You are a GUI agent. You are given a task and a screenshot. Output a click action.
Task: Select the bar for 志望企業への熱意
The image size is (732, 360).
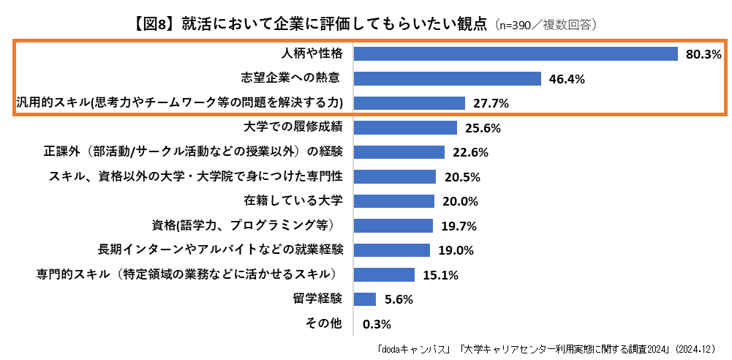447,78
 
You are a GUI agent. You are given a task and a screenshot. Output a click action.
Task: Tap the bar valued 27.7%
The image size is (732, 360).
409,103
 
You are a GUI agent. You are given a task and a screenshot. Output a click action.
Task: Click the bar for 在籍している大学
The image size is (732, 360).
394,201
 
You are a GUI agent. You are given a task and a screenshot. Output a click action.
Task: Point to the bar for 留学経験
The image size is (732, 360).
364,299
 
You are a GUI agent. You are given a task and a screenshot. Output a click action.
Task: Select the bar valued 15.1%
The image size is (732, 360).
384,275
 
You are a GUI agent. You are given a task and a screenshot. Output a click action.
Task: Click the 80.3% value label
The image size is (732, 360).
703,54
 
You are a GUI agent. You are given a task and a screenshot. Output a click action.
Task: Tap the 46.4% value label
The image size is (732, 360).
566,79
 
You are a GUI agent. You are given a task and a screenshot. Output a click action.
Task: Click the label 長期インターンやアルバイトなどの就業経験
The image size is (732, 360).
220,250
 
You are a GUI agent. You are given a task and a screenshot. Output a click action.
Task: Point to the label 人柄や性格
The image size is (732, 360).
312,53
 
